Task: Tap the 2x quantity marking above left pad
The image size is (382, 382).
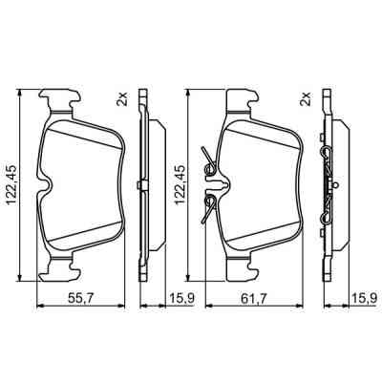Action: (x=122, y=99)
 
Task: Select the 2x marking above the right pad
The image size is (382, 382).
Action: (x=307, y=99)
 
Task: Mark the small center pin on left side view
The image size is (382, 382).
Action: (x=139, y=184)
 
